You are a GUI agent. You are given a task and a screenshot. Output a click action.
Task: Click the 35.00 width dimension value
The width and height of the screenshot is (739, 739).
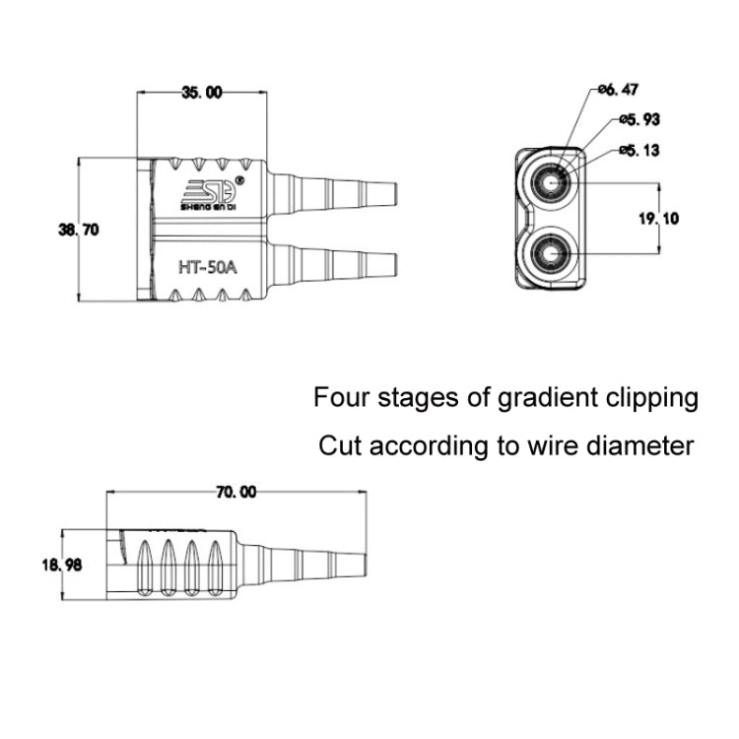[x=201, y=93]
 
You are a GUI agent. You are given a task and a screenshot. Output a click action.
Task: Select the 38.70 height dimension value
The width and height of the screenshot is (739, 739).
[x=79, y=229]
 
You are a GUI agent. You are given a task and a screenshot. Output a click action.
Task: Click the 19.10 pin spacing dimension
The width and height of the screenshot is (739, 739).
[x=658, y=219]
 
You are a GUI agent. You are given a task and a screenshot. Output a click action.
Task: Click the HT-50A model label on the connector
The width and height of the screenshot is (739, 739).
[x=207, y=265]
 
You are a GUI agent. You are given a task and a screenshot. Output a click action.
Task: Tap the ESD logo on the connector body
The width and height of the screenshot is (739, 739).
[x=209, y=193]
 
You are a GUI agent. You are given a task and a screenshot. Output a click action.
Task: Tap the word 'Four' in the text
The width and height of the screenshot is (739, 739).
[x=337, y=398]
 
